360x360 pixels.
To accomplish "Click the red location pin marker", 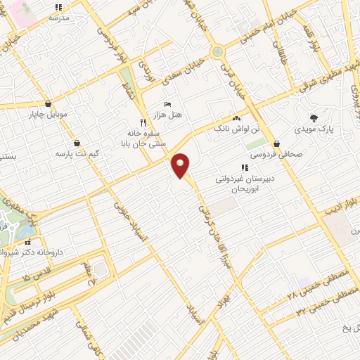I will [x=181, y=165].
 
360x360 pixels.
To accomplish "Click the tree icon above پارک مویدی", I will [x=314, y=117].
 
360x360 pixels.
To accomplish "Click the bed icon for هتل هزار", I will [x=167, y=103].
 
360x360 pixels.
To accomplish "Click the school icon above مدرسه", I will [x=59, y=7].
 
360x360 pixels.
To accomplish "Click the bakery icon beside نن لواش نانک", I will [x=236, y=119].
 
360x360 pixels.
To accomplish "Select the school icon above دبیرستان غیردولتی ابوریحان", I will [x=245, y=167].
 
